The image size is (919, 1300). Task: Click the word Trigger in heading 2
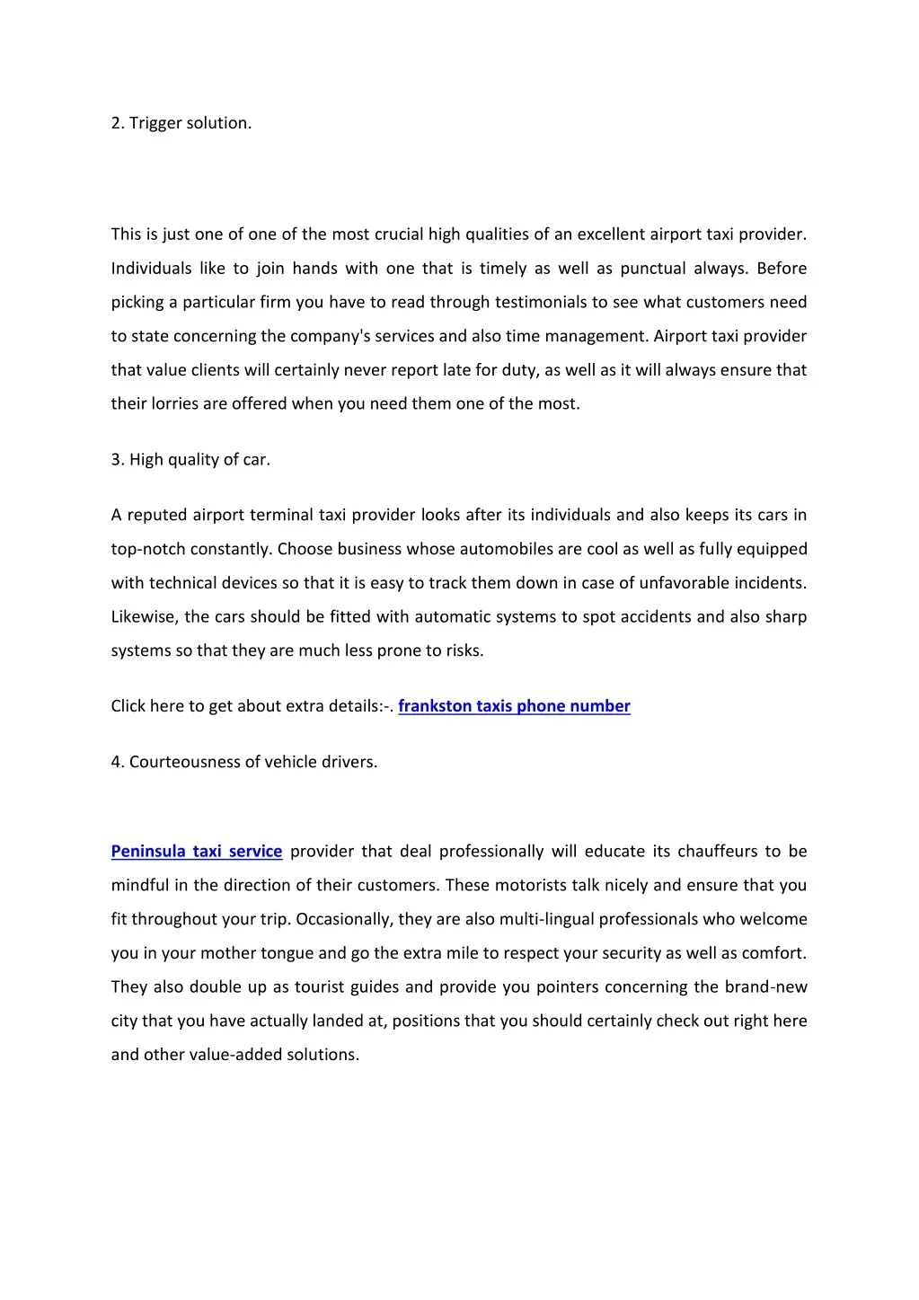click(x=155, y=123)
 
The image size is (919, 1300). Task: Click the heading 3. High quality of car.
click(x=190, y=459)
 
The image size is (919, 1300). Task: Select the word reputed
click(x=156, y=515)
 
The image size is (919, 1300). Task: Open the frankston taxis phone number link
click(x=514, y=706)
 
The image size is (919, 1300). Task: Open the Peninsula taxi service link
click(x=197, y=851)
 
